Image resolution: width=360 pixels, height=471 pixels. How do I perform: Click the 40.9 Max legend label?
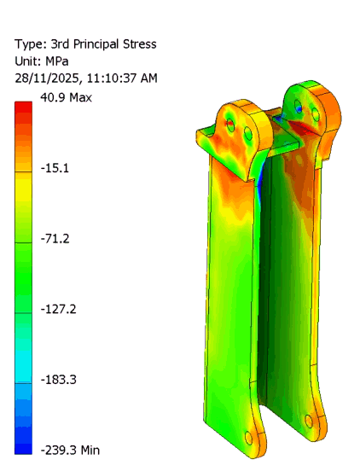[x=64, y=97]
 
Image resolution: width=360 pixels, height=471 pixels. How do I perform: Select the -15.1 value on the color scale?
[x=55, y=168]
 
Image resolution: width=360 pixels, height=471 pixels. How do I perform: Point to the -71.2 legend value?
[x=55, y=238]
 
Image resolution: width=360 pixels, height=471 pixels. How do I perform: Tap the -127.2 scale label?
[x=59, y=309]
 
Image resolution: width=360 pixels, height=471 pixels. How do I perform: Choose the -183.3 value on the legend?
[x=59, y=379]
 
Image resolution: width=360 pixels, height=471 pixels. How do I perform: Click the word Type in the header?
[x=29, y=44]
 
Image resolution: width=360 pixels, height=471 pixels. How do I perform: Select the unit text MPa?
[x=61, y=61]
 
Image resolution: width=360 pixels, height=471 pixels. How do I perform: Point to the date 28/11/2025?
[x=48, y=78]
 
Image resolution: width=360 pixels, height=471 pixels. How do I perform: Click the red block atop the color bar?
[x=24, y=107]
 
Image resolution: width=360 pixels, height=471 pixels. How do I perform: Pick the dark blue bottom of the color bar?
[x=24, y=447]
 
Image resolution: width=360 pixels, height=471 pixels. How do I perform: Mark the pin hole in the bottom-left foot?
[x=249, y=438]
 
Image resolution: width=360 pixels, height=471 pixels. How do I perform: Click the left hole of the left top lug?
[x=229, y=125]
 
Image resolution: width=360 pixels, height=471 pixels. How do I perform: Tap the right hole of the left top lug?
[x=249, y=134]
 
